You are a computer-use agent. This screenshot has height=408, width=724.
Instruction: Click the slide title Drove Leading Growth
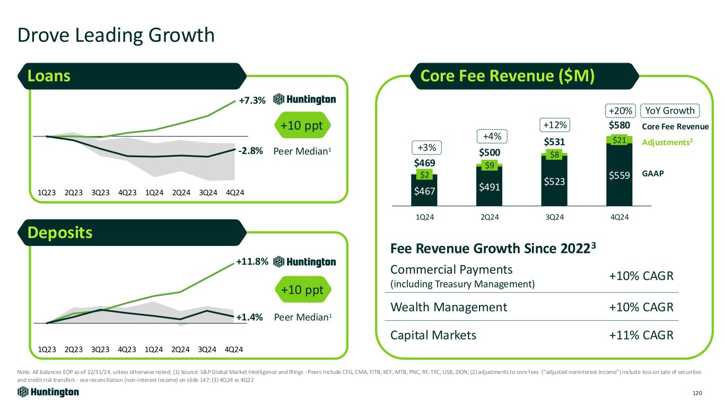click(x=116, y=36)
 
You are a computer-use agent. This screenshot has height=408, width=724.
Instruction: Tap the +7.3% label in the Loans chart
click(x=251, y=100)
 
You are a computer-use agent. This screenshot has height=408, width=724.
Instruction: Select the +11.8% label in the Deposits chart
click(x=252, y=261)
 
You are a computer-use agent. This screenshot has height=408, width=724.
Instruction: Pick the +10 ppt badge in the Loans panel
click(x=302, y=126)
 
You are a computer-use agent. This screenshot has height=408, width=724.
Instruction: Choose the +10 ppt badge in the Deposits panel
click(x=302, y=290)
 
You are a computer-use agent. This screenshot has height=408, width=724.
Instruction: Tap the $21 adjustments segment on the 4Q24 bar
click(x=619, y=140)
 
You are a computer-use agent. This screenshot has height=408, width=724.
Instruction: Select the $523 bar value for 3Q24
click(x=554, y=181)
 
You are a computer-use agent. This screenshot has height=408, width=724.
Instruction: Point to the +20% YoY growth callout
click(x=619, y=110)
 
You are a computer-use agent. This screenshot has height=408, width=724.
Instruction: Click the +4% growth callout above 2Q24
click(x=490, y=137)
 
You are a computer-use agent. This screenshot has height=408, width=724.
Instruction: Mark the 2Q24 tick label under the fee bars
click(x=489, y=217)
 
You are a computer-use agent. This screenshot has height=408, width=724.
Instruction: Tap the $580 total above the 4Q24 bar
click(x=619, y=126)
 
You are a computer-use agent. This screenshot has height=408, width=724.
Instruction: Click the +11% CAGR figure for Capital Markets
click(x=640, y=335)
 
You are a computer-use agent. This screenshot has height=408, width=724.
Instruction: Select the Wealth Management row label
click(x=449, y=307)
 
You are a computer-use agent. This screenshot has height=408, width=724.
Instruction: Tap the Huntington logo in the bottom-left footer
click(x=48, y=392)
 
